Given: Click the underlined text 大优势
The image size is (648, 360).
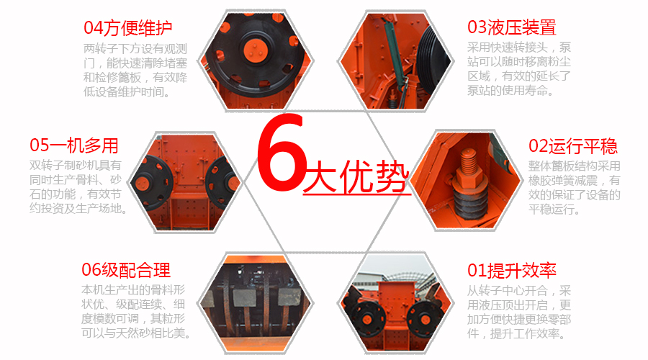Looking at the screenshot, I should click(356, 176).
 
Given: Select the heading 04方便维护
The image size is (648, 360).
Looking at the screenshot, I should click(128, 28).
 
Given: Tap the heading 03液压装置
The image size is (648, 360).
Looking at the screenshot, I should click(512, 27).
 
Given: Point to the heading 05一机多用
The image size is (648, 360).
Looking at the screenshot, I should click(74, 145).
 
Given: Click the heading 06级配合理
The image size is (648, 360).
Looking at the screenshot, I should click(126, 270).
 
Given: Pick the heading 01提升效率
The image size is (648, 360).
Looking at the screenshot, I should click(512, 271).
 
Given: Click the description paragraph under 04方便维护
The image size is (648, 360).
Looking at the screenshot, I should click(135, 70).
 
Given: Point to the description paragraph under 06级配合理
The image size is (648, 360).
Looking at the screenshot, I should click(135, 312).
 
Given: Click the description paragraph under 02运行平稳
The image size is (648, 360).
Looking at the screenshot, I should click(574, 188).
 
